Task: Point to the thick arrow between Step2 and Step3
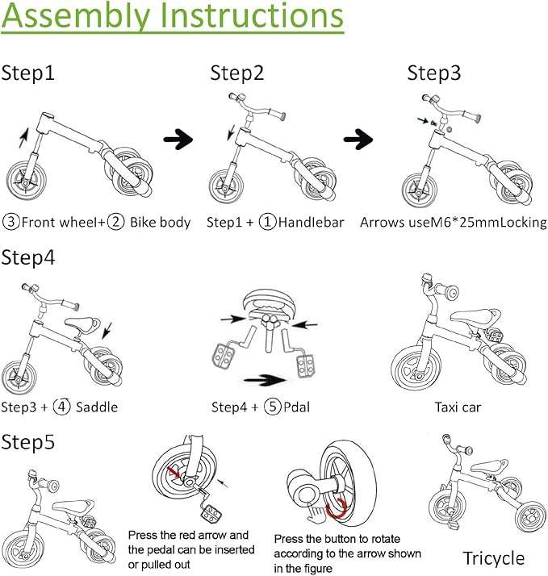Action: tap(358, 140)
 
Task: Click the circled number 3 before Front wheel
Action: tap(11, 222)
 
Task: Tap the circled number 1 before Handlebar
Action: tap(267, 222)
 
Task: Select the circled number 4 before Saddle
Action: tap(61, 407)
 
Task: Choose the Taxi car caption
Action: tap(458, 407)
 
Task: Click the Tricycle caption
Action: tap(493, 557)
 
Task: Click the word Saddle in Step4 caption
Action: tap(97, 407)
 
